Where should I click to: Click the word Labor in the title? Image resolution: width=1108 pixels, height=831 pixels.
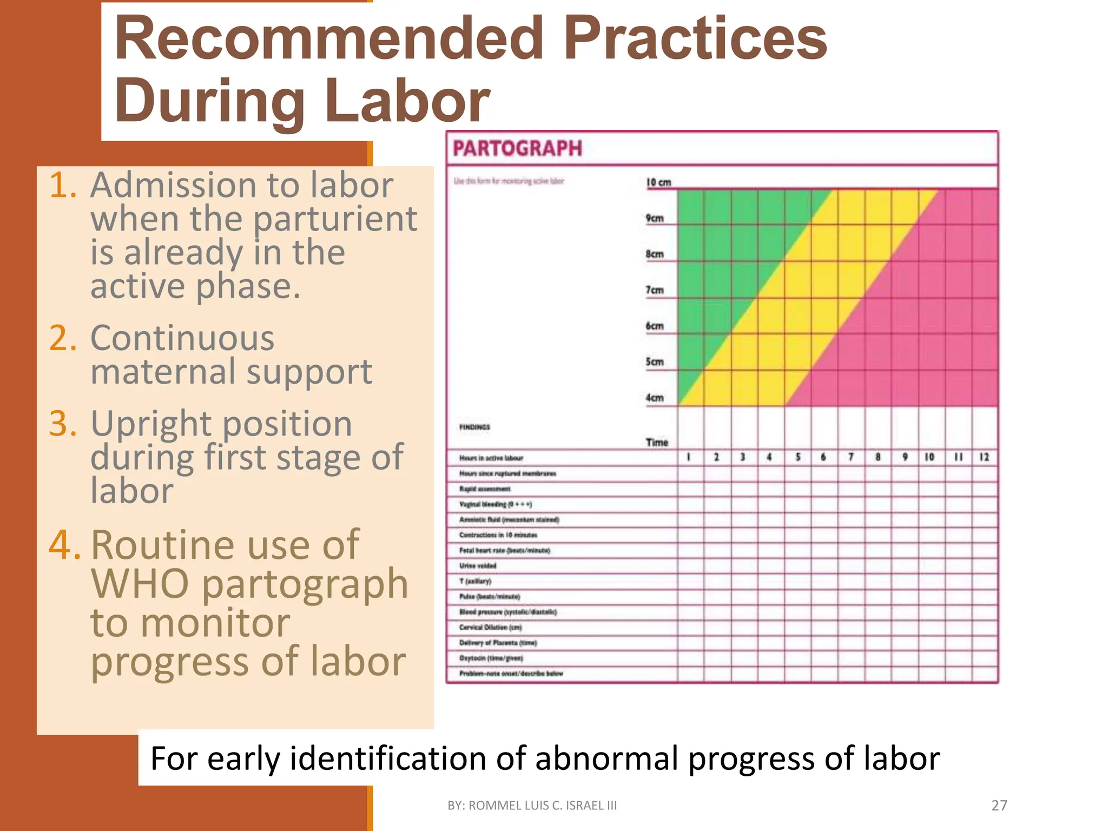pos(407,102)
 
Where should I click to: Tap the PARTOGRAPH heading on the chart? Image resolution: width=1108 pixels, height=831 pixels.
pos(517,148)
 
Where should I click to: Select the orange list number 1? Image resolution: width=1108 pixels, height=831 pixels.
pos(63,186)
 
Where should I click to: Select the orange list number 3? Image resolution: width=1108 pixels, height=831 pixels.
pos(63,424)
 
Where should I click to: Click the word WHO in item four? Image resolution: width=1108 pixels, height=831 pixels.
pos(140,584)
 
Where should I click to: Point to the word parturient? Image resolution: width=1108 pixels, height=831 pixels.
pos(335,219)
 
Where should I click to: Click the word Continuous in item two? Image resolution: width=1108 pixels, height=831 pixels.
pos(182,339)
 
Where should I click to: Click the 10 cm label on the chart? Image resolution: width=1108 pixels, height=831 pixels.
pos(658,182)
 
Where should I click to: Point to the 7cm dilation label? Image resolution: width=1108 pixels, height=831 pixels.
pos(654,290)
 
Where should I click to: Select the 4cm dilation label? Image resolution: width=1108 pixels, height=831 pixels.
pos(654,398)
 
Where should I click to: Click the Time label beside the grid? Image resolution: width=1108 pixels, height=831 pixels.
pos(657,443)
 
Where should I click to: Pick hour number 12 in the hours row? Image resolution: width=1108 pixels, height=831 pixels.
pos(984,457)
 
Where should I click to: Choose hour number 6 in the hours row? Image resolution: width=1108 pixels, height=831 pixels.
pos(823,457)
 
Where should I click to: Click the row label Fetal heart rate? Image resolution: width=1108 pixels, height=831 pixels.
pos(504,550)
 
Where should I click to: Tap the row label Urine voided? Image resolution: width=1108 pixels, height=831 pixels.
pos(478,565)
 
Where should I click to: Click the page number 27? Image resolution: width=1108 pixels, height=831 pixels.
pos(999,806)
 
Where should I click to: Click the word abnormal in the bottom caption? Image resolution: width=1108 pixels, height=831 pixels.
pos(606,758)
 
